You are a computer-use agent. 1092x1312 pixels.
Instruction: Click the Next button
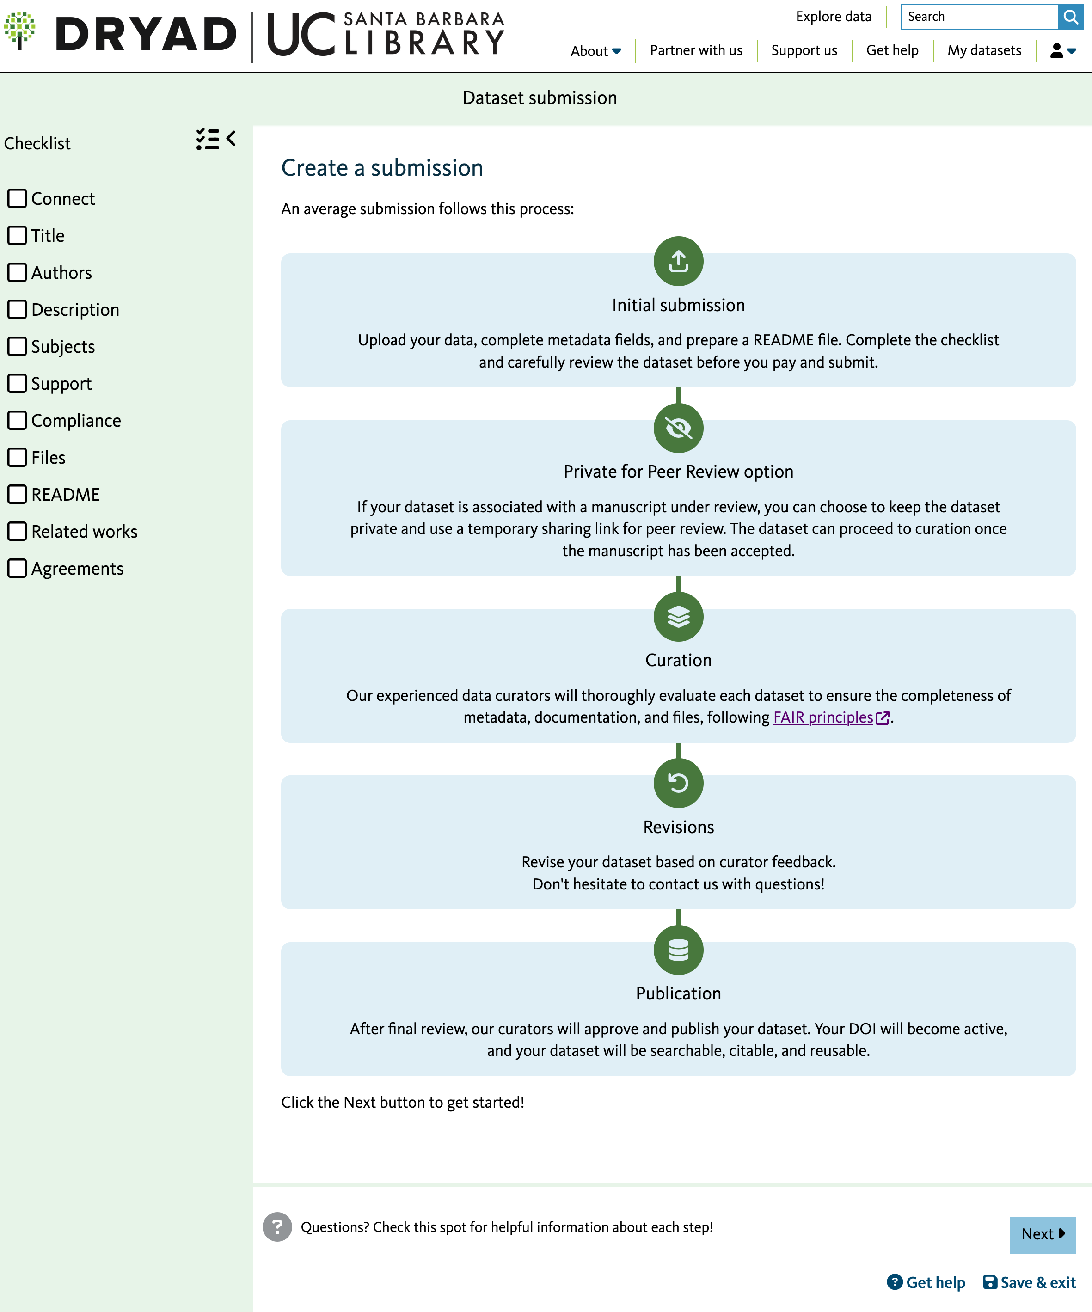coord(1042,1234)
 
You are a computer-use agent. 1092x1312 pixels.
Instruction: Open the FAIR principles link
coord(823,717)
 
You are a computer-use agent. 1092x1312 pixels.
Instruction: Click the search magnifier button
coord(1070,17)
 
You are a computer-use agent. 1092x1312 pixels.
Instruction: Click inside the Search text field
coord(978,17)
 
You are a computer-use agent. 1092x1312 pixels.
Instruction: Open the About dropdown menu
coord(595,50)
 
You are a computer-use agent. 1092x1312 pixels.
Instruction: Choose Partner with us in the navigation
coord(696,50)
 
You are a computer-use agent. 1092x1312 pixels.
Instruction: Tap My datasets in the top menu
coord(984,50)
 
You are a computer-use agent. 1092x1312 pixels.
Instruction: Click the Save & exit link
coord(1030,1282)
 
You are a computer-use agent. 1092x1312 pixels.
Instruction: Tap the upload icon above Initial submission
coord(678,261)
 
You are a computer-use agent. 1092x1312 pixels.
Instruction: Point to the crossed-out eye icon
coord(678,428)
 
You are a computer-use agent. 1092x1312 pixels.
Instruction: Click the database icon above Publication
coord(678,950)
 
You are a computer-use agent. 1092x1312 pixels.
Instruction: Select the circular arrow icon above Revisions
coord(678,783)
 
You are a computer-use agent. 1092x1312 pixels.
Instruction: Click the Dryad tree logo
coord(20,30)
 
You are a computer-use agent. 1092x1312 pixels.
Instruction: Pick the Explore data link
coord(834,17)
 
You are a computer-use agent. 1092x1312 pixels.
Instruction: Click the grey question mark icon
coord(277,1227)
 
